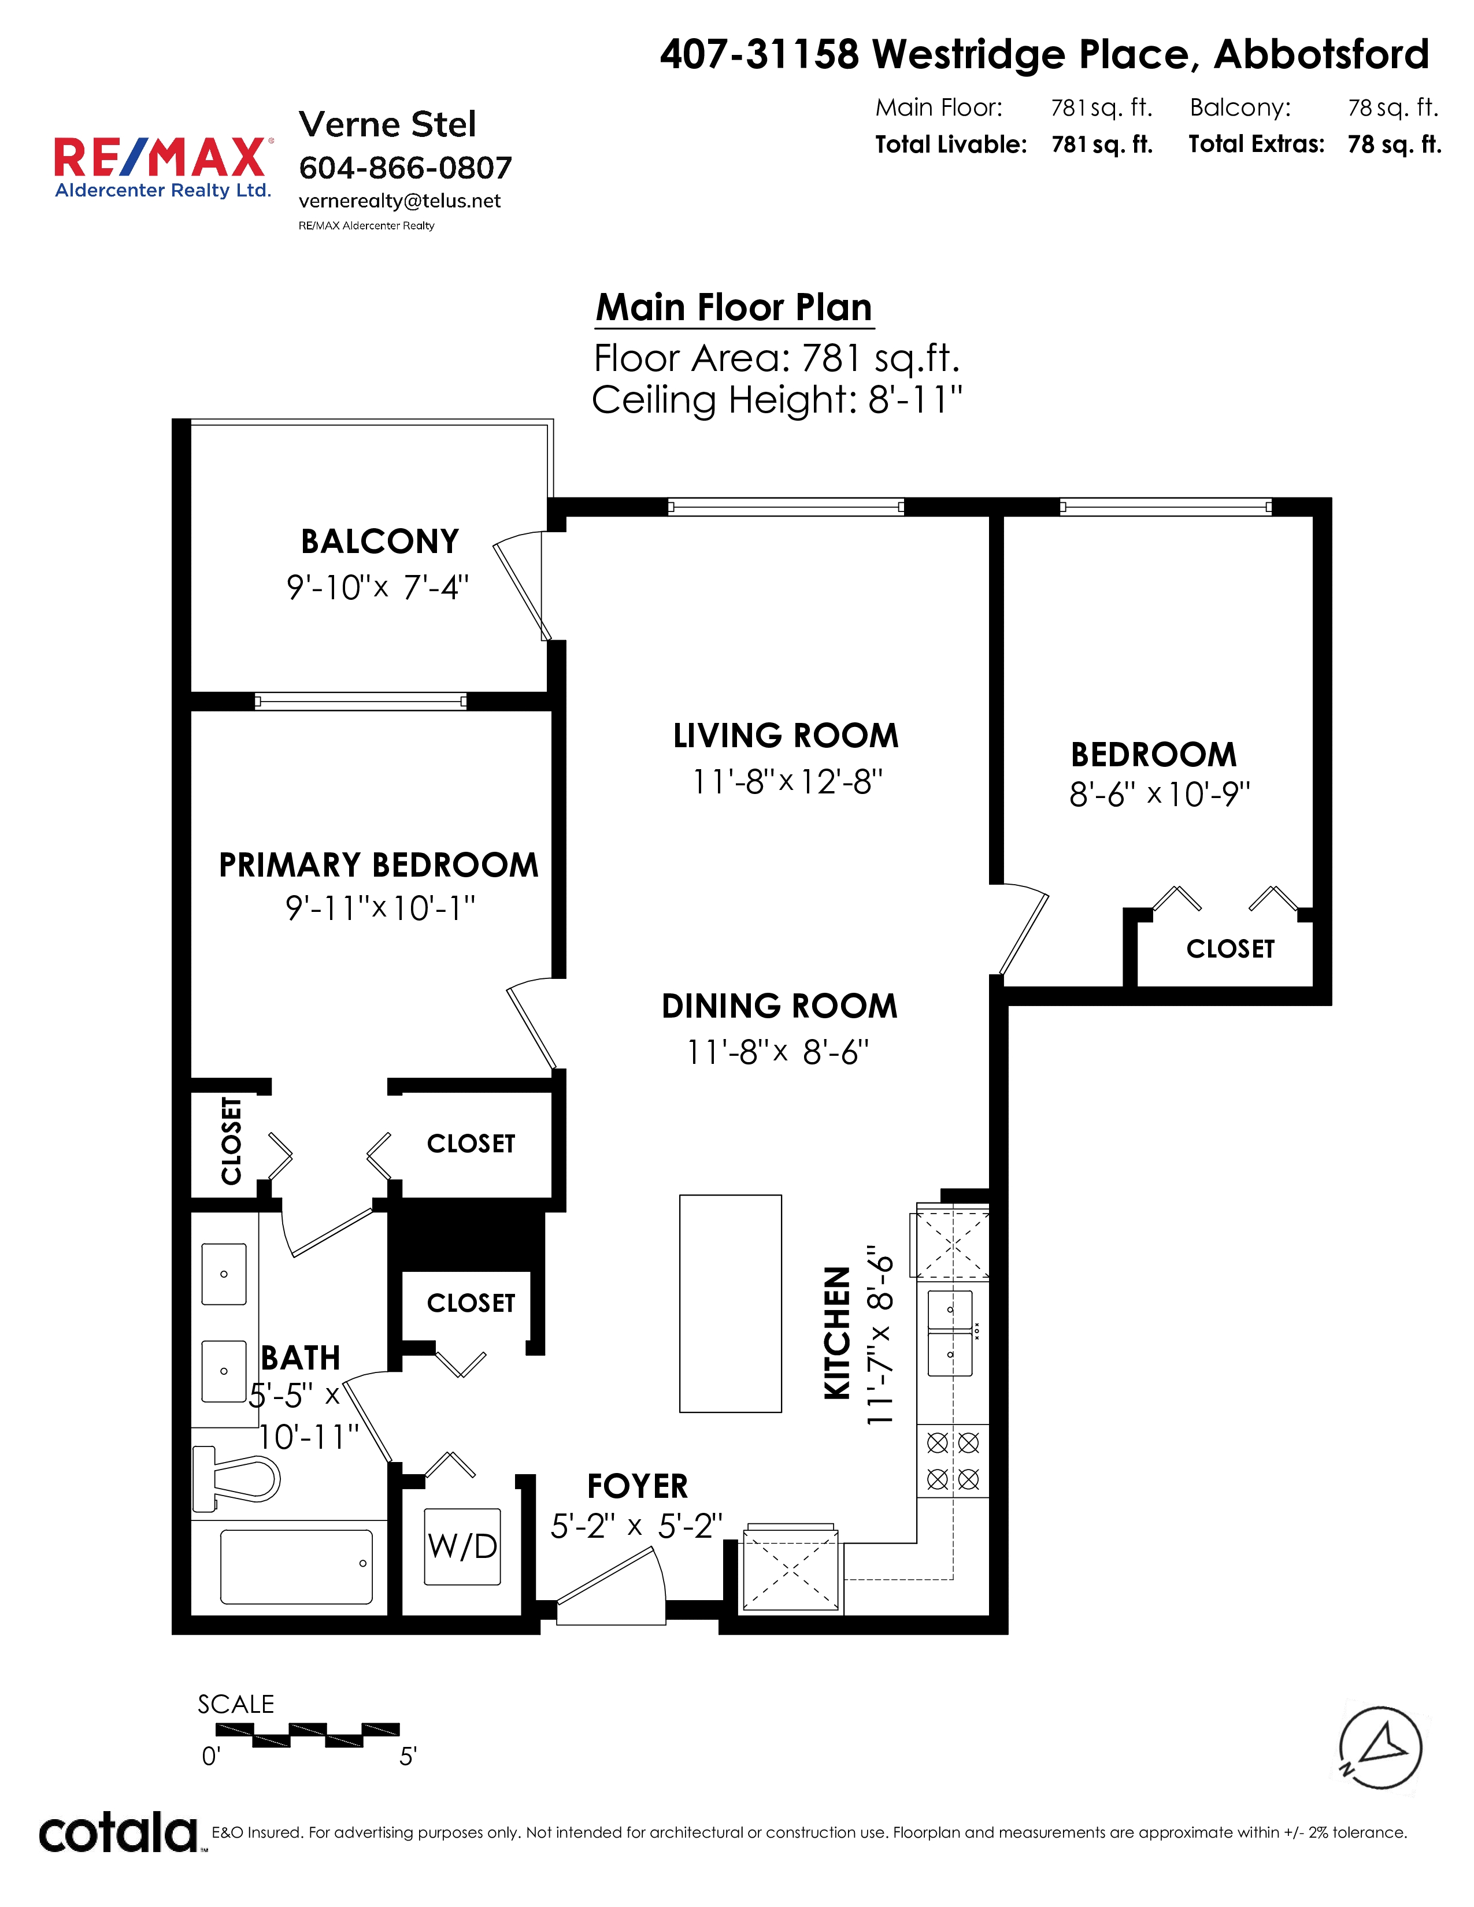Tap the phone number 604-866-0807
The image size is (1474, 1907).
[x=405, y=168]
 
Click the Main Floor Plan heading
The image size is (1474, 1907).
[x=734, y=307]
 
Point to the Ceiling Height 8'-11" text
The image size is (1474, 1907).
[x=777, y=400]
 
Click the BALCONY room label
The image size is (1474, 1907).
[x=380, y=541]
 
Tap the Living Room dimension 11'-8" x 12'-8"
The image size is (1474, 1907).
[x=787, y=781]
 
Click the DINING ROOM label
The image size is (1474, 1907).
[x=780, y=1006]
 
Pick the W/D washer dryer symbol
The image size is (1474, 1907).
[x=462, y=1546]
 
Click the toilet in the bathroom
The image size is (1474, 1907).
[x=236, y=1478]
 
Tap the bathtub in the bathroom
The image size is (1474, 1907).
[x=296, y=1567]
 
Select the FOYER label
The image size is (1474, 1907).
[x=638, y=1486]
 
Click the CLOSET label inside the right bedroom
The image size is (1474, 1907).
[x=1231, y=949]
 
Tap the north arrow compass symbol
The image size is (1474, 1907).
[x=1380, y=1747]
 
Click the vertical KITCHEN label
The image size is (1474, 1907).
[x=836, y=1333]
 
